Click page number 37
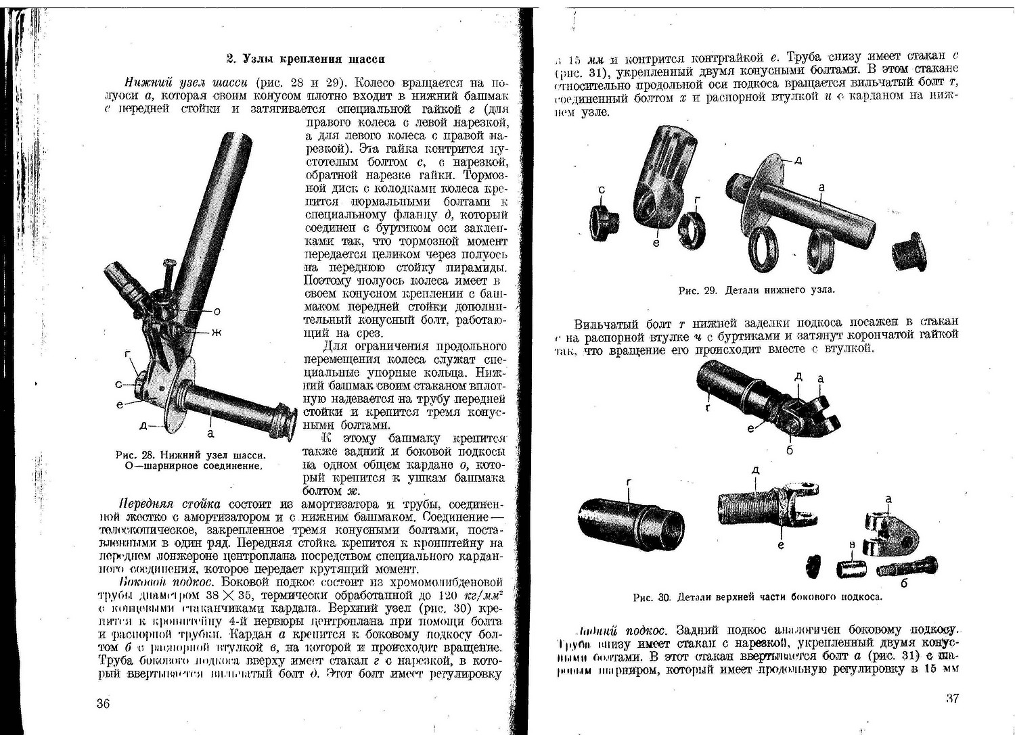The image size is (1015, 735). (x=952, y=698)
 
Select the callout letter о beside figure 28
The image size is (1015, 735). (x=217, y=312)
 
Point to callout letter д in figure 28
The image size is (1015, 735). (x=143, y=425)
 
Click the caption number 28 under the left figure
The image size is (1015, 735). (x=153, y=454)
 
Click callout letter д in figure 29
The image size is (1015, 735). (x=798, y=161)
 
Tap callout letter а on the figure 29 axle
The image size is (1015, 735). (x=821, y=187)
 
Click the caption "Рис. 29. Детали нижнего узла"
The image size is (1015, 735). (x=756, y=291)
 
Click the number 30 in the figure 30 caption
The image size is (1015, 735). (x=664, y=598)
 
